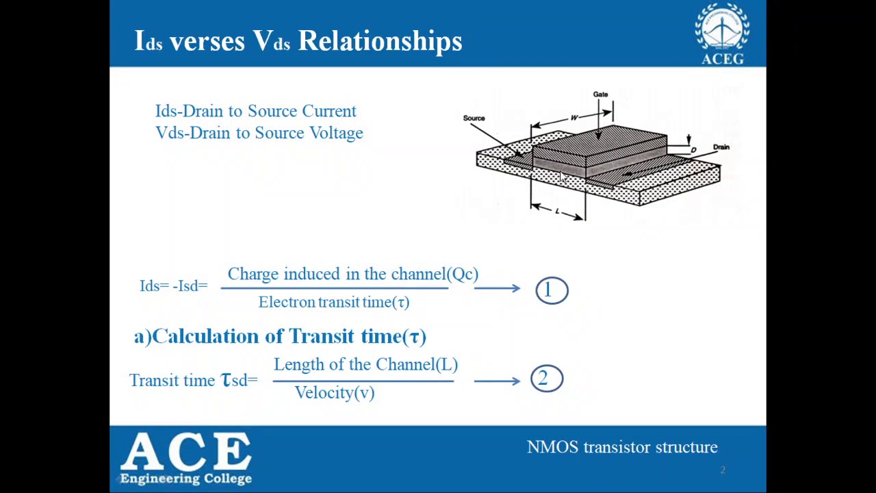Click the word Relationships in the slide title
point(380,41)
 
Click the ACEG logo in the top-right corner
point(723,34)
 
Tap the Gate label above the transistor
point(600,94)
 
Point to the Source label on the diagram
point(474,118)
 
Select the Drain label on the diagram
point(721,147)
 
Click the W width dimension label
point(574,118)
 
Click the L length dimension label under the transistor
point(557,212)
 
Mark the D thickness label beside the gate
point(693,150)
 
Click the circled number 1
point(552,290)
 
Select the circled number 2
point(546,379)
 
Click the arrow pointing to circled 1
point(497,288)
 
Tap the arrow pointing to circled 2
point(497,381)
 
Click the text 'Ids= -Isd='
point(173,286)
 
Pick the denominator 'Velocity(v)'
point(334,392)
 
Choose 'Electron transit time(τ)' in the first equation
point(333,302)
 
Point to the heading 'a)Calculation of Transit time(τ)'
point(280,336)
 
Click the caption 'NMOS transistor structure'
point(621,447)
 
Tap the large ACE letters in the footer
point(186,452)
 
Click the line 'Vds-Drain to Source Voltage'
point(259,133)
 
